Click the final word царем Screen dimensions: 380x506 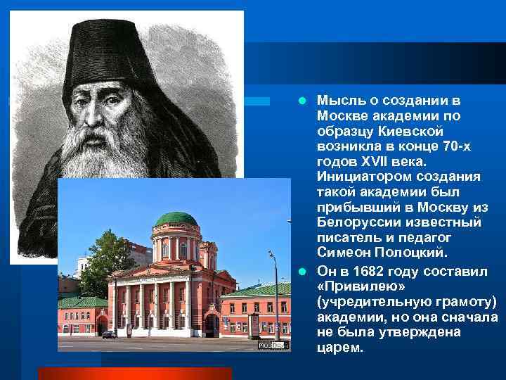[340, 348]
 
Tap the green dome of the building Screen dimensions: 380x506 [176, 219]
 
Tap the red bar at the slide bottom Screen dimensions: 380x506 [134, 373]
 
